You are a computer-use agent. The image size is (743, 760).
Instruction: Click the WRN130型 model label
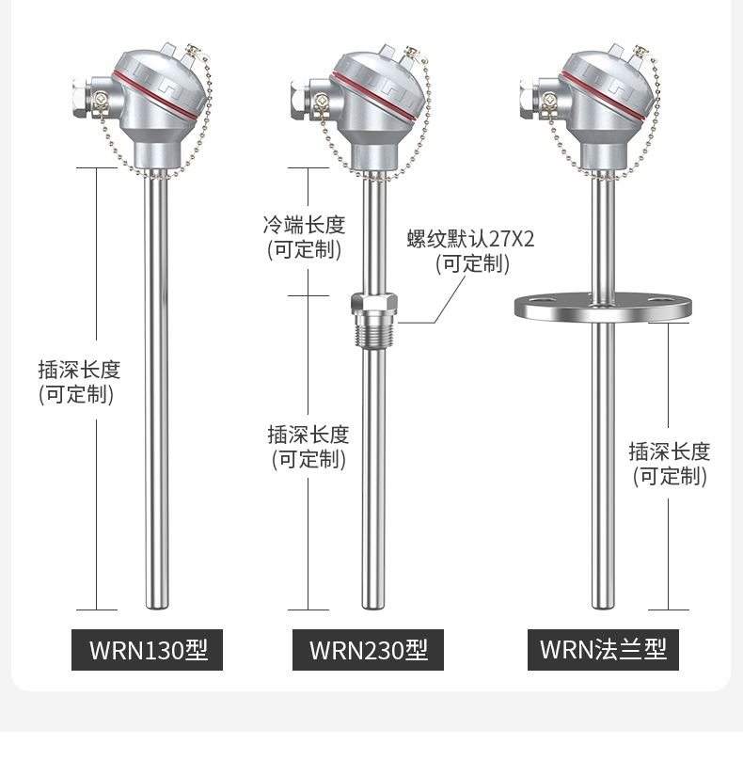point(147,650)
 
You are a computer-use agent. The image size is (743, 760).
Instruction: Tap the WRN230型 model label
point(368,650)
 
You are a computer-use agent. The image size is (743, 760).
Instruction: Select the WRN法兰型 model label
point(603,650)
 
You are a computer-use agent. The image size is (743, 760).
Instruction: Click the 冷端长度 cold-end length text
point(305,226)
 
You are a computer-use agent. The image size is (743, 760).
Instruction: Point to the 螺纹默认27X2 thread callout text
point(470,239)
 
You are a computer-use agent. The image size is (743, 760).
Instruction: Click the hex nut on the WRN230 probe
point(374,303)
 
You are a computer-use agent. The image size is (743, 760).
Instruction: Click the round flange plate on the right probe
point(603,307)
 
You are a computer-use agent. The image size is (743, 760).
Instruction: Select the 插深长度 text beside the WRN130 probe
point(80,370)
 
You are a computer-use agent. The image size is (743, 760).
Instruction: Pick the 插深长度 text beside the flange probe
point(670,451)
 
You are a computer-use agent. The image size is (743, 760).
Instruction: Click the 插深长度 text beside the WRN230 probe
point(308,435)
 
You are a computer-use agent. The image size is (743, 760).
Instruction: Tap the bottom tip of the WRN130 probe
point(157,608)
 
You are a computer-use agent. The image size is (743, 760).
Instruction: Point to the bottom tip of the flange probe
point(603,608)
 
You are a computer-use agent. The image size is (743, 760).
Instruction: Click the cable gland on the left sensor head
point(83,99)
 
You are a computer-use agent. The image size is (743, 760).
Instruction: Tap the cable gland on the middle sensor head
point(301,99)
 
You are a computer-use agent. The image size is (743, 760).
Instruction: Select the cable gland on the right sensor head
point(530,99)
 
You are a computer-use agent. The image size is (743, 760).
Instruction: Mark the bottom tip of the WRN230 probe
point(374,608)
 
